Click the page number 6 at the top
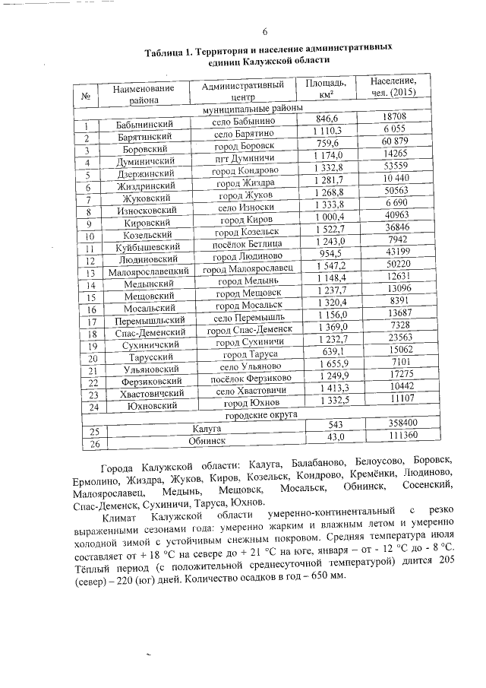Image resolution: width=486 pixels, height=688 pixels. (266, 33)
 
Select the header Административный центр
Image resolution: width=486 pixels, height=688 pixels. (242, 91)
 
